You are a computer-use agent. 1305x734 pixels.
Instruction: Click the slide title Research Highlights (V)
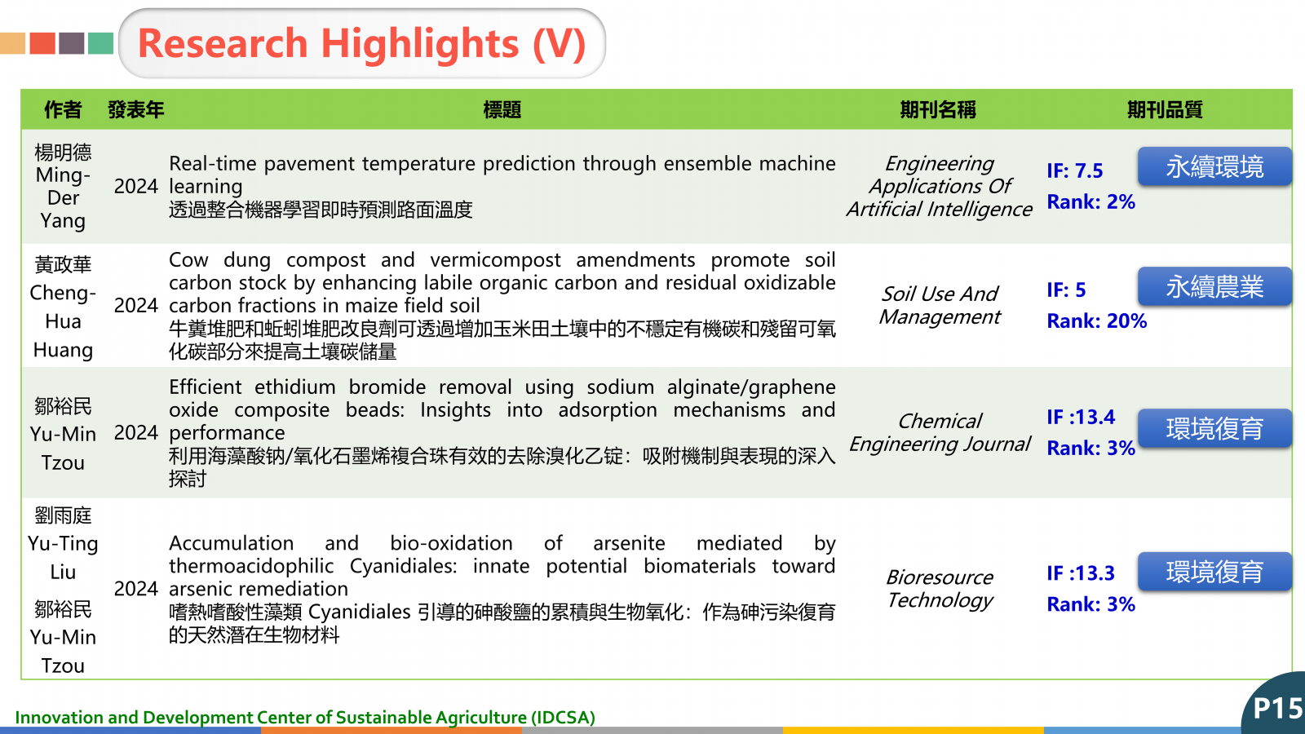point(362,44)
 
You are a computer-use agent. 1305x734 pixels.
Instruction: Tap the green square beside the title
point(101,44)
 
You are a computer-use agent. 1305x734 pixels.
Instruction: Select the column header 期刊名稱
point(938,109)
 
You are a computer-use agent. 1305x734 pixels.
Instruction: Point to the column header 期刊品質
point(1165,109)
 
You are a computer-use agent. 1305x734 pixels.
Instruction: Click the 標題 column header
point(502,109)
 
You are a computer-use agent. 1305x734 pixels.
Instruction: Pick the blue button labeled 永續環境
point(1214,166)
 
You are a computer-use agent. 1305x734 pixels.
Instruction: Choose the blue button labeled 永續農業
point(1214,286)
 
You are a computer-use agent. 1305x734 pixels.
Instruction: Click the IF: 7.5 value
point(1075,170)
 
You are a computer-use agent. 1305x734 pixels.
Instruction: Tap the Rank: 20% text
point(1097,321)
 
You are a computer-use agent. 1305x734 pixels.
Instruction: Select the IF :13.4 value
point(1081,417)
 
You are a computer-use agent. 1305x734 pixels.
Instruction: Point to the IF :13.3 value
point(1081,573)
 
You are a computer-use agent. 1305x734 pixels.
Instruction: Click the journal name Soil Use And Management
point(940,305)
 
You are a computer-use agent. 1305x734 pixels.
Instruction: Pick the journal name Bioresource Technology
point(940,588)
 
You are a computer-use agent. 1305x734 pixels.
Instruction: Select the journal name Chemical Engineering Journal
point(940,433)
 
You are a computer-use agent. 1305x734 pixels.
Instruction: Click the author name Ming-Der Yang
point(63,198)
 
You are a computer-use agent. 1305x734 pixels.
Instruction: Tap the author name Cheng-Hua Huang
point(63,321)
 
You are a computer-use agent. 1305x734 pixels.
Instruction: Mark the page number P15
point(1278,709)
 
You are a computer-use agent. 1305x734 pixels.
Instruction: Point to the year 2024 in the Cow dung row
point(135,305)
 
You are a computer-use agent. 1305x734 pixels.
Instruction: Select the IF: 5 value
point(1066,290)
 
